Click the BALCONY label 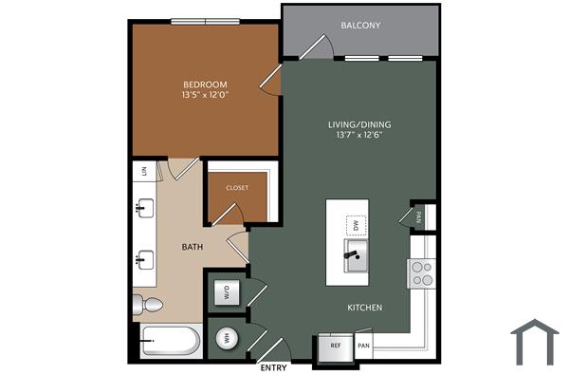click(360, 26)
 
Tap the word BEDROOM click(205, 84)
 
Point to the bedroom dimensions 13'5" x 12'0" click(205, 95)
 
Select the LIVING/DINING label click(358, 124)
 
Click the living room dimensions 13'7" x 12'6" click(358, 136)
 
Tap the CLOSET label click(237, 188)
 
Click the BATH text click(193, 247)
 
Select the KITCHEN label click(364, 308)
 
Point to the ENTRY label click(273, 367)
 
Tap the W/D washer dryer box click(228, 293)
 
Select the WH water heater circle click(228, 338)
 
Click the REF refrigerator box click(335, 347)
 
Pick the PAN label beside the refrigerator click(363, 347)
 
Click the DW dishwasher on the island click(356, 225)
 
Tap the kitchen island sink click(357, 254)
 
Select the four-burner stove click(421, 274)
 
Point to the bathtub click(171, 341)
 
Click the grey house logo click(535, 342)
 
